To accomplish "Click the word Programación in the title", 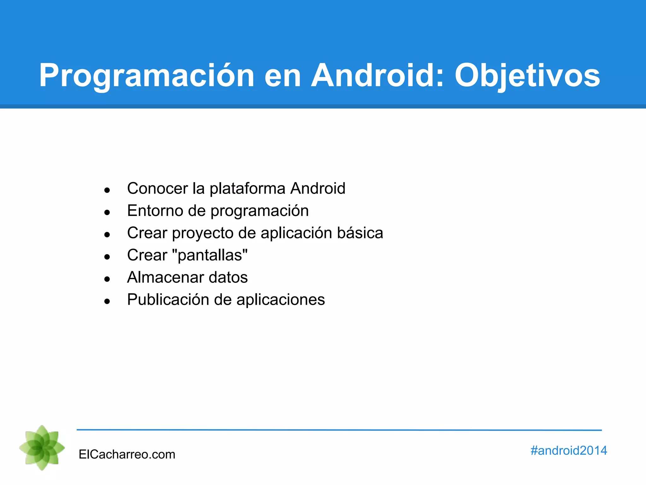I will [x=147, y=76].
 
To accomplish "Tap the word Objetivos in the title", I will [x=527, y=76].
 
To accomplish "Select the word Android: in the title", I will [x=378, y=76].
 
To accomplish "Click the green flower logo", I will [x=42, y=447].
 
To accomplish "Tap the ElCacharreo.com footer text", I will [x=127, y=454].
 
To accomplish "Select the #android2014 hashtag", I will [x=568, y=450].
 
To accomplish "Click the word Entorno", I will [x=155, y=211].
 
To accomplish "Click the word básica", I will [x=360, y=233].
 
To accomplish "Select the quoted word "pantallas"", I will [x=210, y=255].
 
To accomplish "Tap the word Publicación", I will [x=168, y=299].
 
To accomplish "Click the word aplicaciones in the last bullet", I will [x=280, y=300].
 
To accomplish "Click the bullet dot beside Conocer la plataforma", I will [x=107, y=190].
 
